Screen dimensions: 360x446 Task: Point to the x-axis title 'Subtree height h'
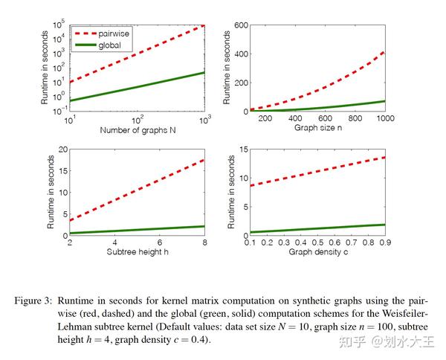pyautogui.click(x=136, y=252)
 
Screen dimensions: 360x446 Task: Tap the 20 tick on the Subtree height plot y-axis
pyautogui.click(x=62, y=150)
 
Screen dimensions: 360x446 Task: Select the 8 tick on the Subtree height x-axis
pyautogui.click(x=205, y=242)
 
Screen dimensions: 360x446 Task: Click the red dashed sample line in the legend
pyautogui.click(x=86, y=34)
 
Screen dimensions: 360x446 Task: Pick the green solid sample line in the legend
pyautogui.click(x=86, y=45)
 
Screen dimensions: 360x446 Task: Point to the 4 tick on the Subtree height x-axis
pyautogui.click(x=114, y=242)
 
